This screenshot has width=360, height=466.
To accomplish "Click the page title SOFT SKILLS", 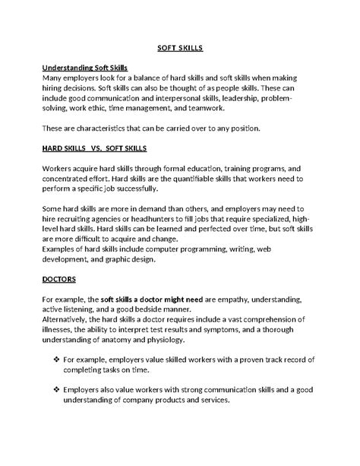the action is tap(180, 48).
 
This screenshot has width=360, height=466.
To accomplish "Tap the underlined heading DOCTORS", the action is tap(61, 278).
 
